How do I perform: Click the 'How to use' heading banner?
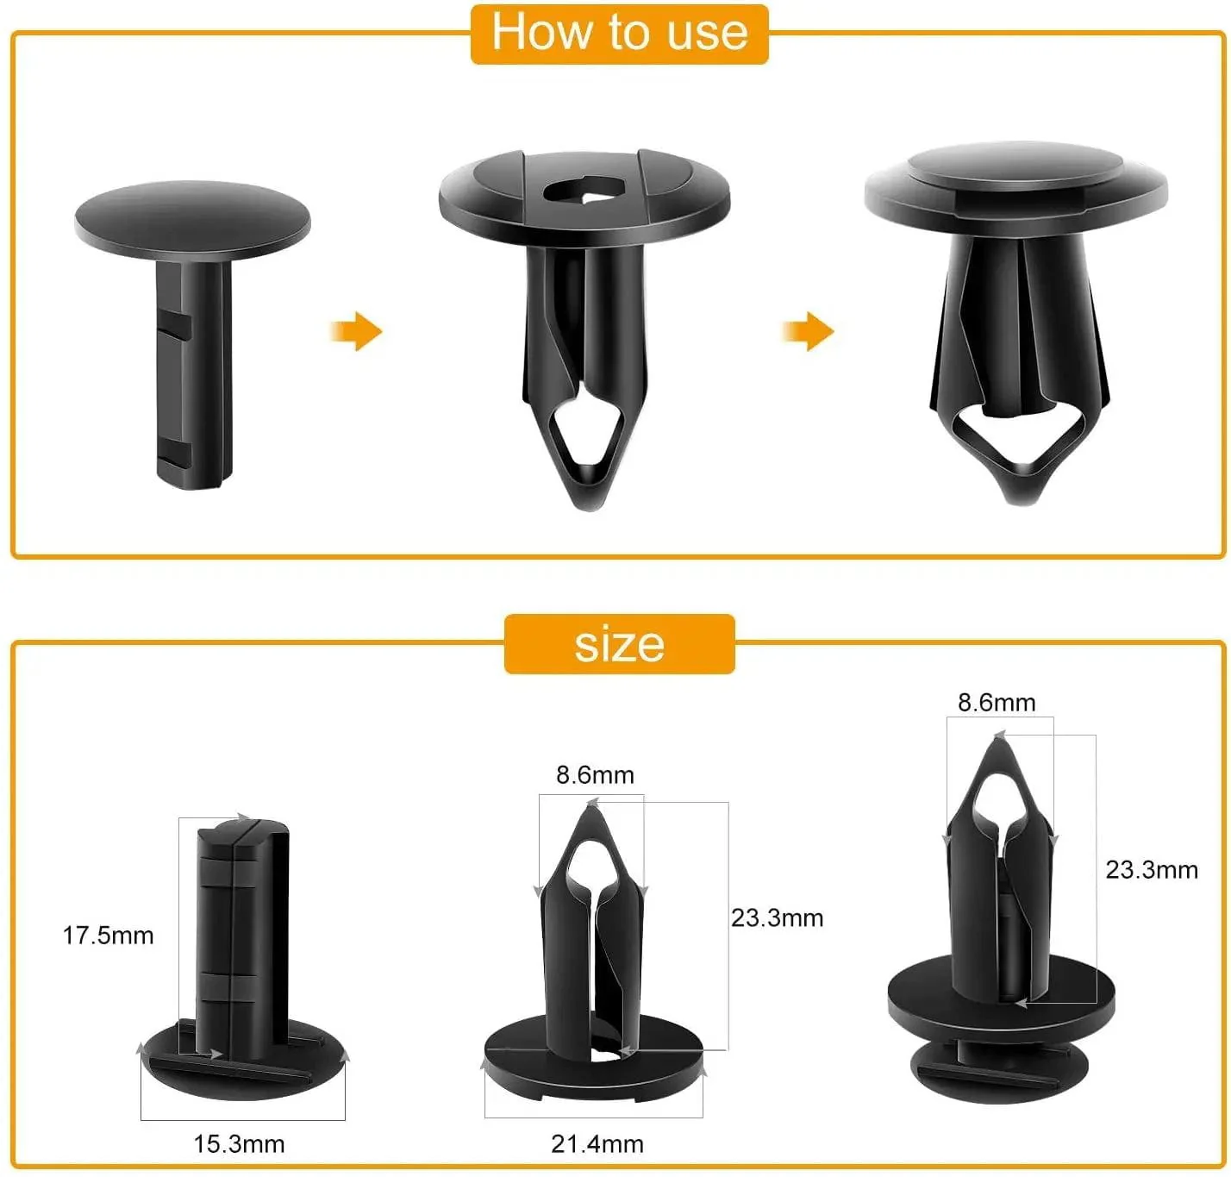(x=619, y=34)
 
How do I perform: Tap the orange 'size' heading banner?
(x=619, y=644)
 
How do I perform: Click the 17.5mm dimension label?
(x=108, y=936)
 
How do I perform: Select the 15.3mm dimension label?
(x=239, y=1144)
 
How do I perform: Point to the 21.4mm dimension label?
(x=597, y=1144)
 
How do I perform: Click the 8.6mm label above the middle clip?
(x=595, y=775)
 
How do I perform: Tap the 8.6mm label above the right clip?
(x=997, y=703)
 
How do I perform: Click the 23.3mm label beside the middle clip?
(x=777, y=918)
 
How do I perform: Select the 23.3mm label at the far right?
(x=1152, y=870)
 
